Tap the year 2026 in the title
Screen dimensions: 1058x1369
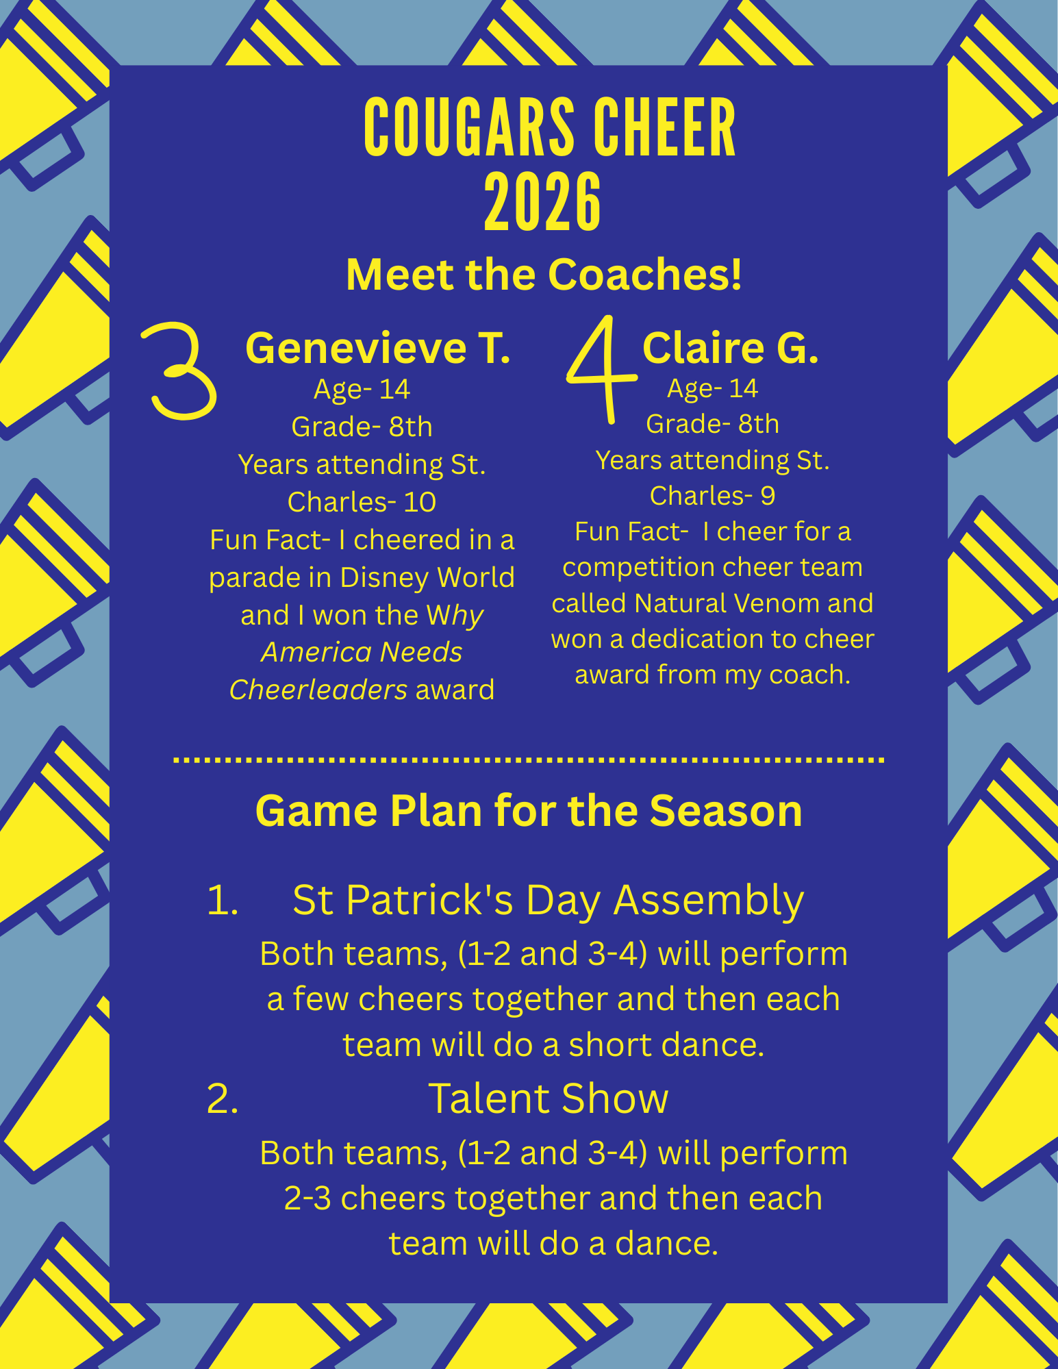(542, 203)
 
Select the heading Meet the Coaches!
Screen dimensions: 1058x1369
(544, 275)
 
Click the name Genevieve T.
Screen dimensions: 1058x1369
(378, 348)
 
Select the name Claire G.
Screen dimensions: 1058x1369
(731, 348)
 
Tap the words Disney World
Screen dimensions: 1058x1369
(427, 577)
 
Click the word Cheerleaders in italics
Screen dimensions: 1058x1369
(318, 690)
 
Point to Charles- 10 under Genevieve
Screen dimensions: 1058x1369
(362, 502)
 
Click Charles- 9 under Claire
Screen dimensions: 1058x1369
(712, 496)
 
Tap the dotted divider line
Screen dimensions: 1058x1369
(529, 760)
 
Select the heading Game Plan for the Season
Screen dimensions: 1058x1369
(529, 811)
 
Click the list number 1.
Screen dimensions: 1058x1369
(223, 900)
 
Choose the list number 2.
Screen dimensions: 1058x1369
(223, 1099)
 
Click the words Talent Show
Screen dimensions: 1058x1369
(548, 1098)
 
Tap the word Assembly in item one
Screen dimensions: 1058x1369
(709, 901)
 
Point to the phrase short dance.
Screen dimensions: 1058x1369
(666, 1045)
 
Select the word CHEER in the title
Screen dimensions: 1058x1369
(664, 128)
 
